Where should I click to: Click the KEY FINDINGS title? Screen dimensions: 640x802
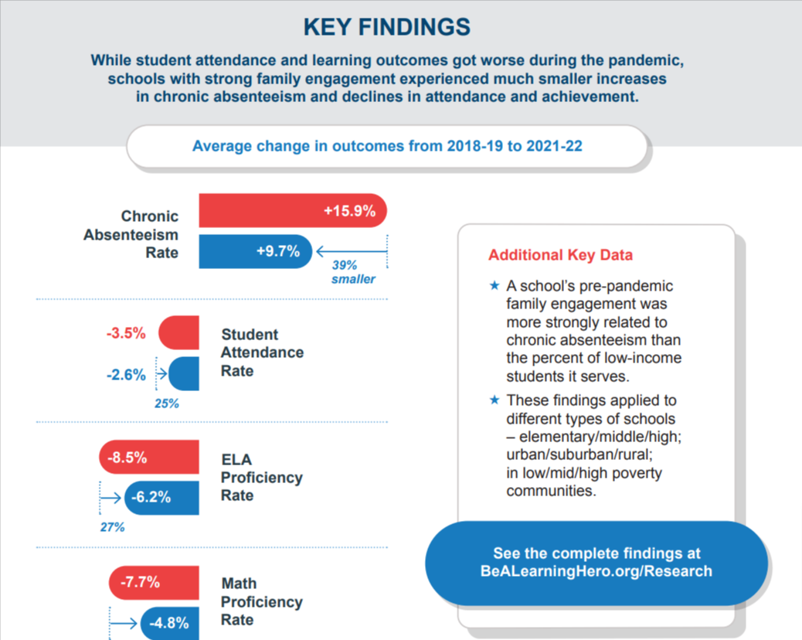tap(386, 27)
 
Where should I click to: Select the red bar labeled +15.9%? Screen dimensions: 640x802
tap(292, 210)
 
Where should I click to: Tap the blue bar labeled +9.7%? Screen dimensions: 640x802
tap(255, 251)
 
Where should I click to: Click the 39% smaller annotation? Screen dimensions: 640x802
tap(353, 271)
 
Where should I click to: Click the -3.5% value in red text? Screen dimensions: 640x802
tap(126, 333)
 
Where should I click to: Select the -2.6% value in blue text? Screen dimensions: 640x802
tap(126, 375)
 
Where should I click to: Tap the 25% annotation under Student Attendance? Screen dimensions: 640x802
tap(166, 403)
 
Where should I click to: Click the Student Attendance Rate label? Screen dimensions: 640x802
tap(262, 352)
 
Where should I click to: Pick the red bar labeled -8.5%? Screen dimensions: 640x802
tap(148, 458)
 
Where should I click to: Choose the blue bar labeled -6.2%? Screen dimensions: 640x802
tap(161, 498)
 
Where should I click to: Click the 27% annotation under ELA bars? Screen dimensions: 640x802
tap(112, 527)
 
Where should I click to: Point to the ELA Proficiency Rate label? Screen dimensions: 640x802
tap(261, 478)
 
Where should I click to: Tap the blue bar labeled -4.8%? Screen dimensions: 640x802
tap(168, 623)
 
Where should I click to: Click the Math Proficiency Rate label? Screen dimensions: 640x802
tap(261, 602)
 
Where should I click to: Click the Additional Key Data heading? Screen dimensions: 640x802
tap(560, 255)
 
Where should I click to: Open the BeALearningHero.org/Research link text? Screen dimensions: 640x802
tap(596, 572)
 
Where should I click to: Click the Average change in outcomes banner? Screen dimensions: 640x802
tap(386, 146)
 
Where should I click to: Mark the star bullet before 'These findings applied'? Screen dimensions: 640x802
tap(495, 400)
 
